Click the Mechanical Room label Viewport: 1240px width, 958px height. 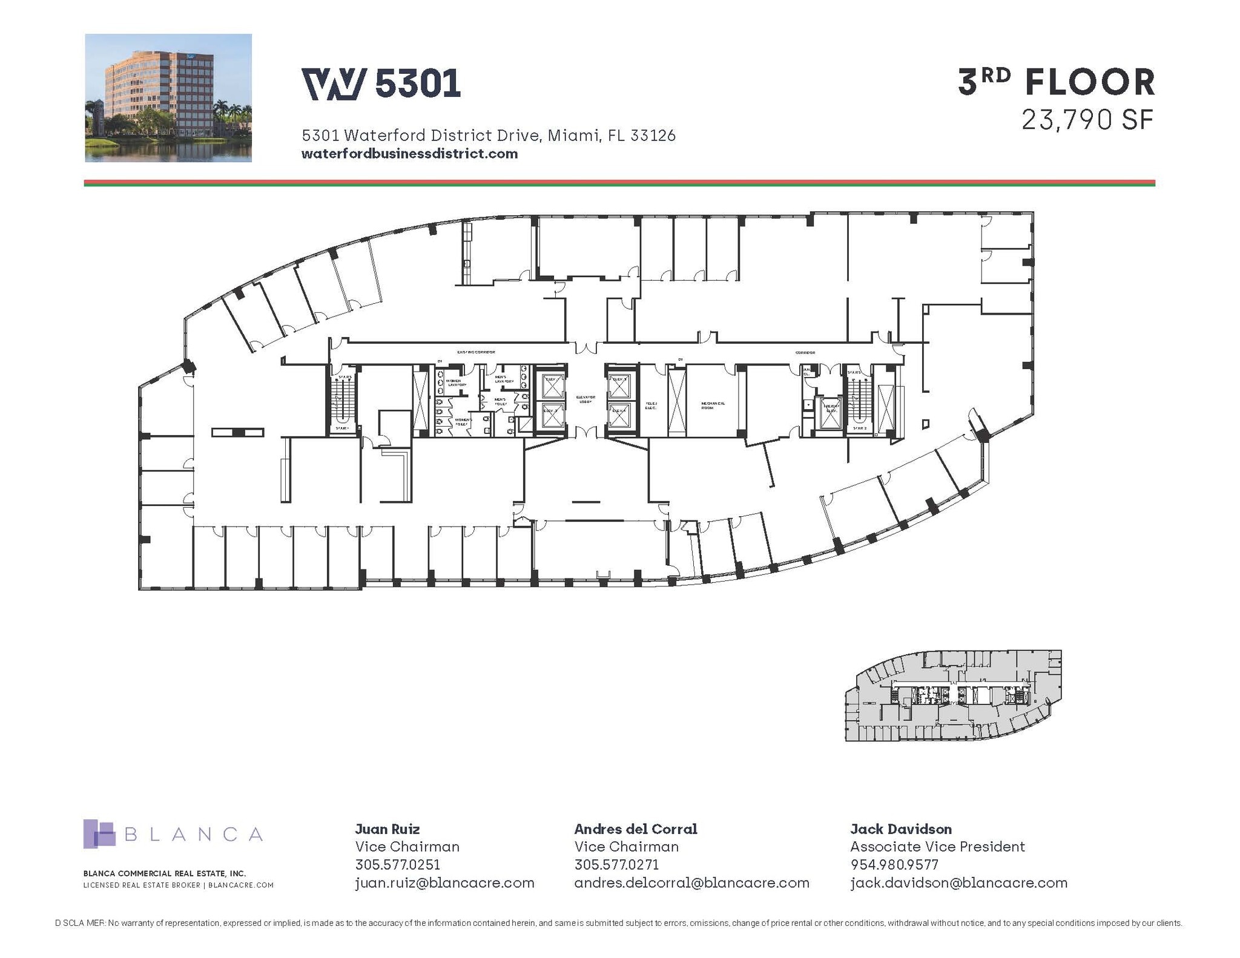713,405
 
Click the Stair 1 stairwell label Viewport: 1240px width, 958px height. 343,428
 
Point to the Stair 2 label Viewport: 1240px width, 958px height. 860,428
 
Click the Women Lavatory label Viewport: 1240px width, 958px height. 457,383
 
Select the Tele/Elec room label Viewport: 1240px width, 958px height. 651,405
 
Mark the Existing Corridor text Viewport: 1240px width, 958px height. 476,352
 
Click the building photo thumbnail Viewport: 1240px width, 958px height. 168,98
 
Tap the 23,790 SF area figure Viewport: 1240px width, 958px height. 1087,120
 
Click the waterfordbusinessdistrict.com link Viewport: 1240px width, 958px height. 409,154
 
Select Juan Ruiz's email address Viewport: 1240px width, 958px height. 444,883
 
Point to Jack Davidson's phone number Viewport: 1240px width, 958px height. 894,865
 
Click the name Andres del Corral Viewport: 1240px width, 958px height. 636,829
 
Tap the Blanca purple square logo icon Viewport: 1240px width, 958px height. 99,834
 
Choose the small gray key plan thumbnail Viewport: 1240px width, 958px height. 953,696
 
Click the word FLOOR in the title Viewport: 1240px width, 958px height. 1090,83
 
